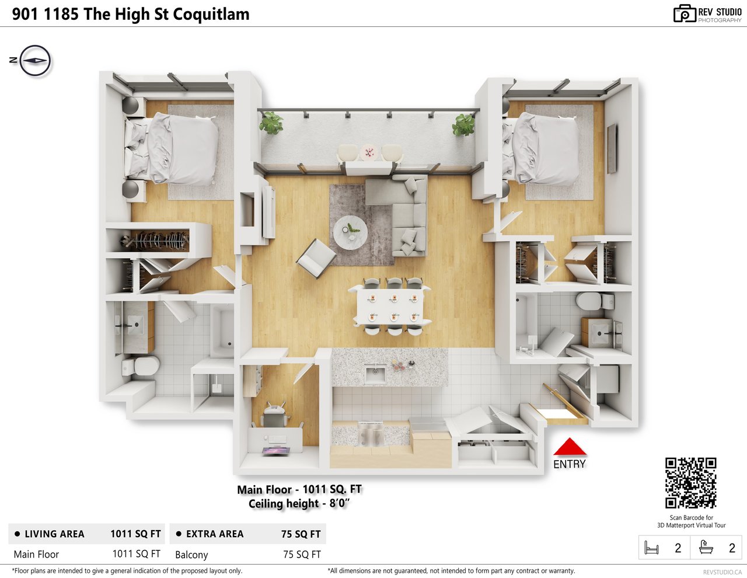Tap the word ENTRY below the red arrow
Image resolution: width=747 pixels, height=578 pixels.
pos(569,464)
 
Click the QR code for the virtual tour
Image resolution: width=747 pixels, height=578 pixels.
pos(690,483)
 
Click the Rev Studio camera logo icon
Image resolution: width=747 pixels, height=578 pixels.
pos(684,14)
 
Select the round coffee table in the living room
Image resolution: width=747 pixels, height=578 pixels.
pos(350,232)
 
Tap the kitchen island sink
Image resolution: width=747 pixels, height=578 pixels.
pos(375,374)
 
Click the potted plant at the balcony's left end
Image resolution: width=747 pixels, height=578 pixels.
pos(271,123)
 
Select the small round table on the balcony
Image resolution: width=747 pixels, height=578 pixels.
pos(369,152)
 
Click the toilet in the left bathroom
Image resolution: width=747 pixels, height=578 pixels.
pos(141,366)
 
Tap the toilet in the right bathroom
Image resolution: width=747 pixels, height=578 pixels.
pos(595,301)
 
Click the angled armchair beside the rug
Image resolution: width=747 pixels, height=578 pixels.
pos(316,258)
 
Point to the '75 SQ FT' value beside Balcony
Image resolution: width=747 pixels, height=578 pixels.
pos(302,555)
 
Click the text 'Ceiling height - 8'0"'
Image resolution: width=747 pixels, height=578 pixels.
pos(299,504)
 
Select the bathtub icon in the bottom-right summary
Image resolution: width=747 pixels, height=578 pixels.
pos(706,548)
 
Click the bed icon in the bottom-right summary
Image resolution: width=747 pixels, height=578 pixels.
pos(651,548)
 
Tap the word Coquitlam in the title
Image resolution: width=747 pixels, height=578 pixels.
pos(211,15)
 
